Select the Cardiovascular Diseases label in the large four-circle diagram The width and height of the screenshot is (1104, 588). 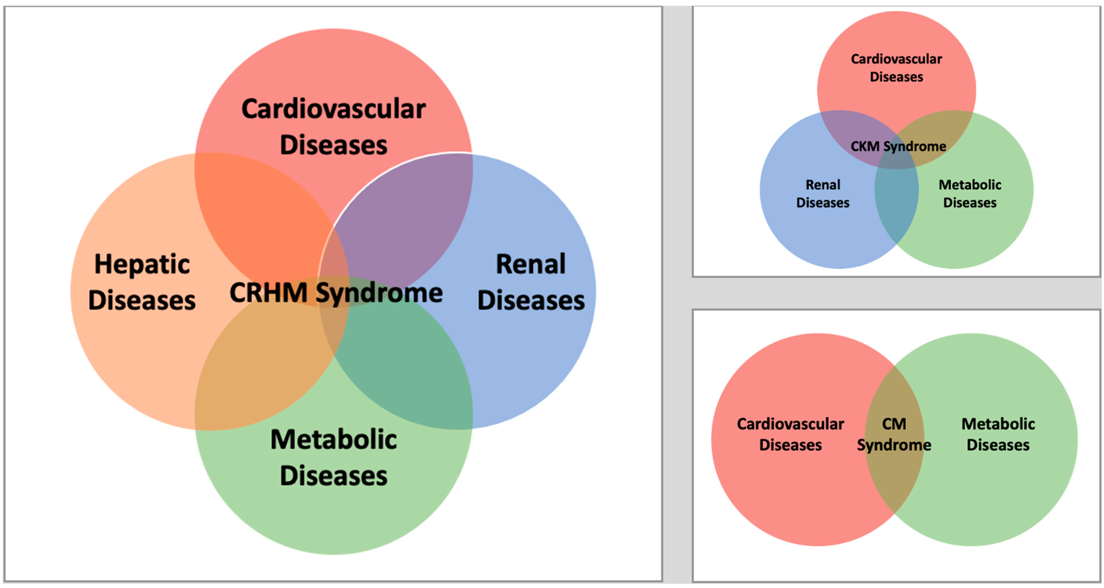[333, 127]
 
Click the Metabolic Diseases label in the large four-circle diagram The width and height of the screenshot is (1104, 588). [333, 457]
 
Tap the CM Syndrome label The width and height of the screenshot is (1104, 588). [894, 434]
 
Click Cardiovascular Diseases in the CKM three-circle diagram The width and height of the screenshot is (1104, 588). [896, 68]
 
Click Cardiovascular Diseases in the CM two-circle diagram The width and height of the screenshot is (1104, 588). [790, 434]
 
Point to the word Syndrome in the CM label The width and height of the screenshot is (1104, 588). [894, 445]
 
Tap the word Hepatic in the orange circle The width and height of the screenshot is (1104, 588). [142, 264]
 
